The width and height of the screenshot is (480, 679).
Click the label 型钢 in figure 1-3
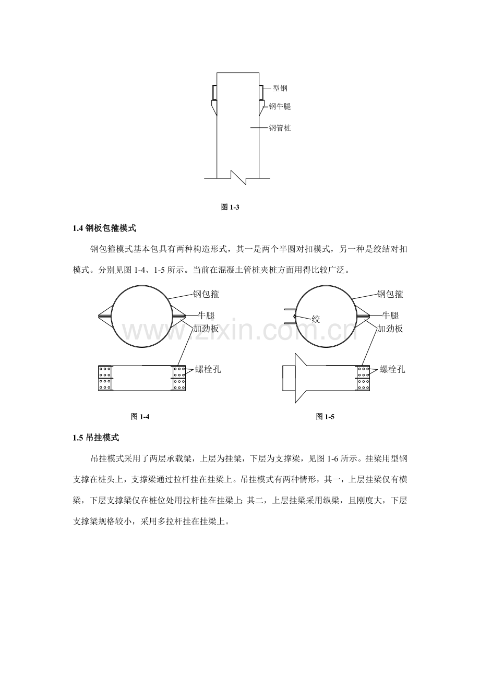280,89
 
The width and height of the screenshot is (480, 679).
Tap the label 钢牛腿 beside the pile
280,106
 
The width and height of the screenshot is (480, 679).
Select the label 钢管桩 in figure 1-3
280,128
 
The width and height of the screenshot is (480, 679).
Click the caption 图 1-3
231,207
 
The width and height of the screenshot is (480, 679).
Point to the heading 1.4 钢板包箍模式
105,228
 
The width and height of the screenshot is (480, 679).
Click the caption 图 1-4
140,417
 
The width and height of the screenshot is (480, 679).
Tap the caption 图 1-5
325,417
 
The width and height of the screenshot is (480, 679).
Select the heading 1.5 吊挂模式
96,438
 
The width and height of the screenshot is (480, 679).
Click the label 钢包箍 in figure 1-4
206,294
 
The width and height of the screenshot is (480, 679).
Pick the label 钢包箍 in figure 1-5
390,294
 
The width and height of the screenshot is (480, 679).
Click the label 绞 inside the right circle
316,319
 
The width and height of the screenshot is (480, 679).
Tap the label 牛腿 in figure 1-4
207,316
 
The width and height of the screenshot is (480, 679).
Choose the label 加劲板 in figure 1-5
390,329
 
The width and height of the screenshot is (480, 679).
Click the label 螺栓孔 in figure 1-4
208,369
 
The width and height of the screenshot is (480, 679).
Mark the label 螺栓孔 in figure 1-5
392,369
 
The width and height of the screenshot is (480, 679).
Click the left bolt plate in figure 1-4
105,378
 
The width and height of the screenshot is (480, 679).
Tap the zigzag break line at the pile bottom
238,178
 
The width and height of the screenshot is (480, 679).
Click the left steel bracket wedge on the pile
214,107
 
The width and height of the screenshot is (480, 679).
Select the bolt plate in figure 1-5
363,378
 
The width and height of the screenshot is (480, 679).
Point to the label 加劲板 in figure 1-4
206,329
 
